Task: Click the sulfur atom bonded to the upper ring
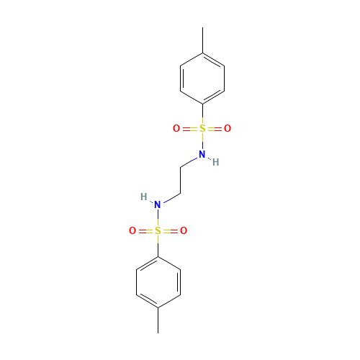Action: (x=202, y=129)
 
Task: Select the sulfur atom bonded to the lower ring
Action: (x=158, y=231)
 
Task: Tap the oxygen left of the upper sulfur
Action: (x=176, y=129)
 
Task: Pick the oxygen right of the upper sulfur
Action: (x=228, y=129)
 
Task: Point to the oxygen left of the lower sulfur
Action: (x=132, y=231)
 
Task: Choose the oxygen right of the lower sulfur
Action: (x=184, y=231)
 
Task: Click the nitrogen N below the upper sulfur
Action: (x=202, y=154)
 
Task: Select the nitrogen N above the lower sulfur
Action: (x=158, y=205)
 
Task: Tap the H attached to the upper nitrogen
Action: (x=215, y=162)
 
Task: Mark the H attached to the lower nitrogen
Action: (x=144, y=197)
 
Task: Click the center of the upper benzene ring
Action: (x=202, y=78)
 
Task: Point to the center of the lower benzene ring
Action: (x=158, y=282)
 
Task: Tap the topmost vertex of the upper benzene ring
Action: (x=202, y=52)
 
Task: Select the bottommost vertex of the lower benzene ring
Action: (x=158, y=308)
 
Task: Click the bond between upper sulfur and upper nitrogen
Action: (x=202, y=142)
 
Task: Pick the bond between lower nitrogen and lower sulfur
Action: (x=158, y=218)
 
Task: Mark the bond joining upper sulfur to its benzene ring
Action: (x=202, y=114)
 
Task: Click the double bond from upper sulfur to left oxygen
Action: (x=189, y=129)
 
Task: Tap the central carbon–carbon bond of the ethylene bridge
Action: (x=180, y=180)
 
